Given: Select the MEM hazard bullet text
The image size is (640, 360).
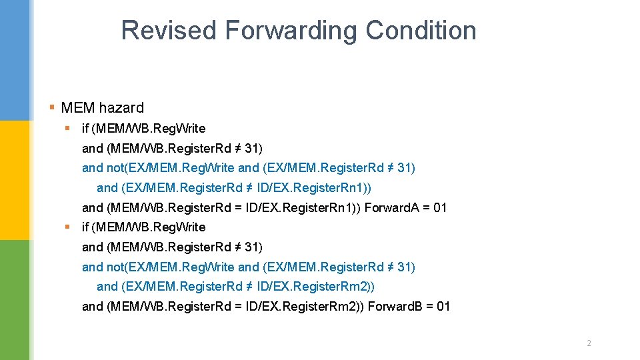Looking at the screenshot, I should (x=102, y=107).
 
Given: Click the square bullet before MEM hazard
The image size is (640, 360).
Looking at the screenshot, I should (x=53, y=107).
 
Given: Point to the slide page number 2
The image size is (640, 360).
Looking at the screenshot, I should (x=589, y=343).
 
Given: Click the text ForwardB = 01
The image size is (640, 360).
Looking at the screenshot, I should (x=409, y=307).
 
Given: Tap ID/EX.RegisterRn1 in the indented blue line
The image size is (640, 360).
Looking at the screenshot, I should (x=317, y=187).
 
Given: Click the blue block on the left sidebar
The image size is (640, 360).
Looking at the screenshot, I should (x=15, y=60).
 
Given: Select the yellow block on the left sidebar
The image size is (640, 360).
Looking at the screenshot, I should (x=15, y=180).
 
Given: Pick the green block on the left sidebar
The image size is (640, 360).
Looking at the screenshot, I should (x=15, y=300).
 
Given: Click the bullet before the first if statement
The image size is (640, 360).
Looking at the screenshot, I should (x=67, y=128).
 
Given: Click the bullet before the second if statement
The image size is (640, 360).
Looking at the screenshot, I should (x=67, y=227).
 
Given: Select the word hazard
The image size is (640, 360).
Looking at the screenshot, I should (x=123, y=107).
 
